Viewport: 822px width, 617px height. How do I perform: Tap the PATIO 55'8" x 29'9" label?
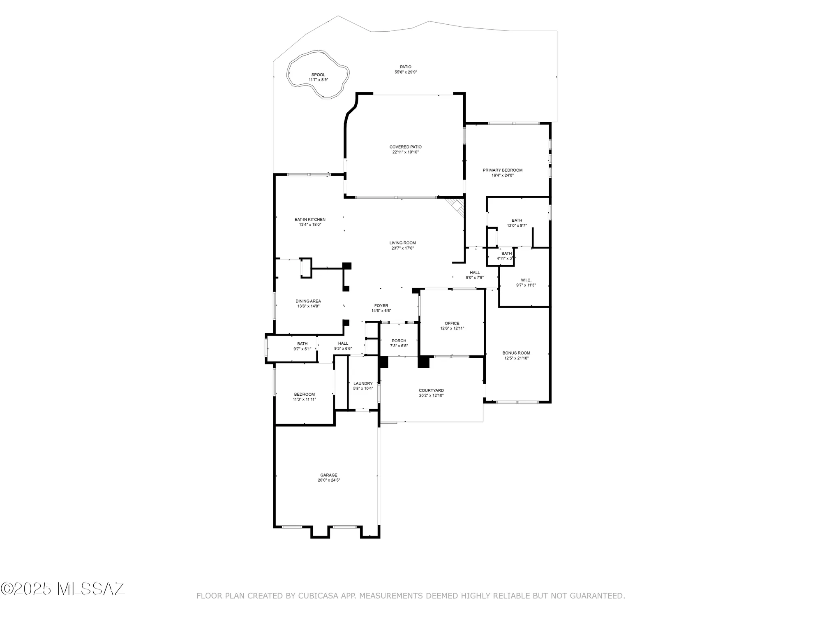pos(406,70)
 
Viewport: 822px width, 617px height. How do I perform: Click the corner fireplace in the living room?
pos(457,205)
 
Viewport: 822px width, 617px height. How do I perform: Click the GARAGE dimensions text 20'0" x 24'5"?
pos(329,480)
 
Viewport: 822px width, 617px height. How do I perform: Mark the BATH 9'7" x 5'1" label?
pos(302,346)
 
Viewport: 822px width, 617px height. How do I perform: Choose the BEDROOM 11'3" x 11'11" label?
pos(304,397)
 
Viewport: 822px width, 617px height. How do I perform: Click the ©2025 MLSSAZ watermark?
pos(62,589)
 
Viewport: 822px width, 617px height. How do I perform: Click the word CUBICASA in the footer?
pos(318,596)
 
